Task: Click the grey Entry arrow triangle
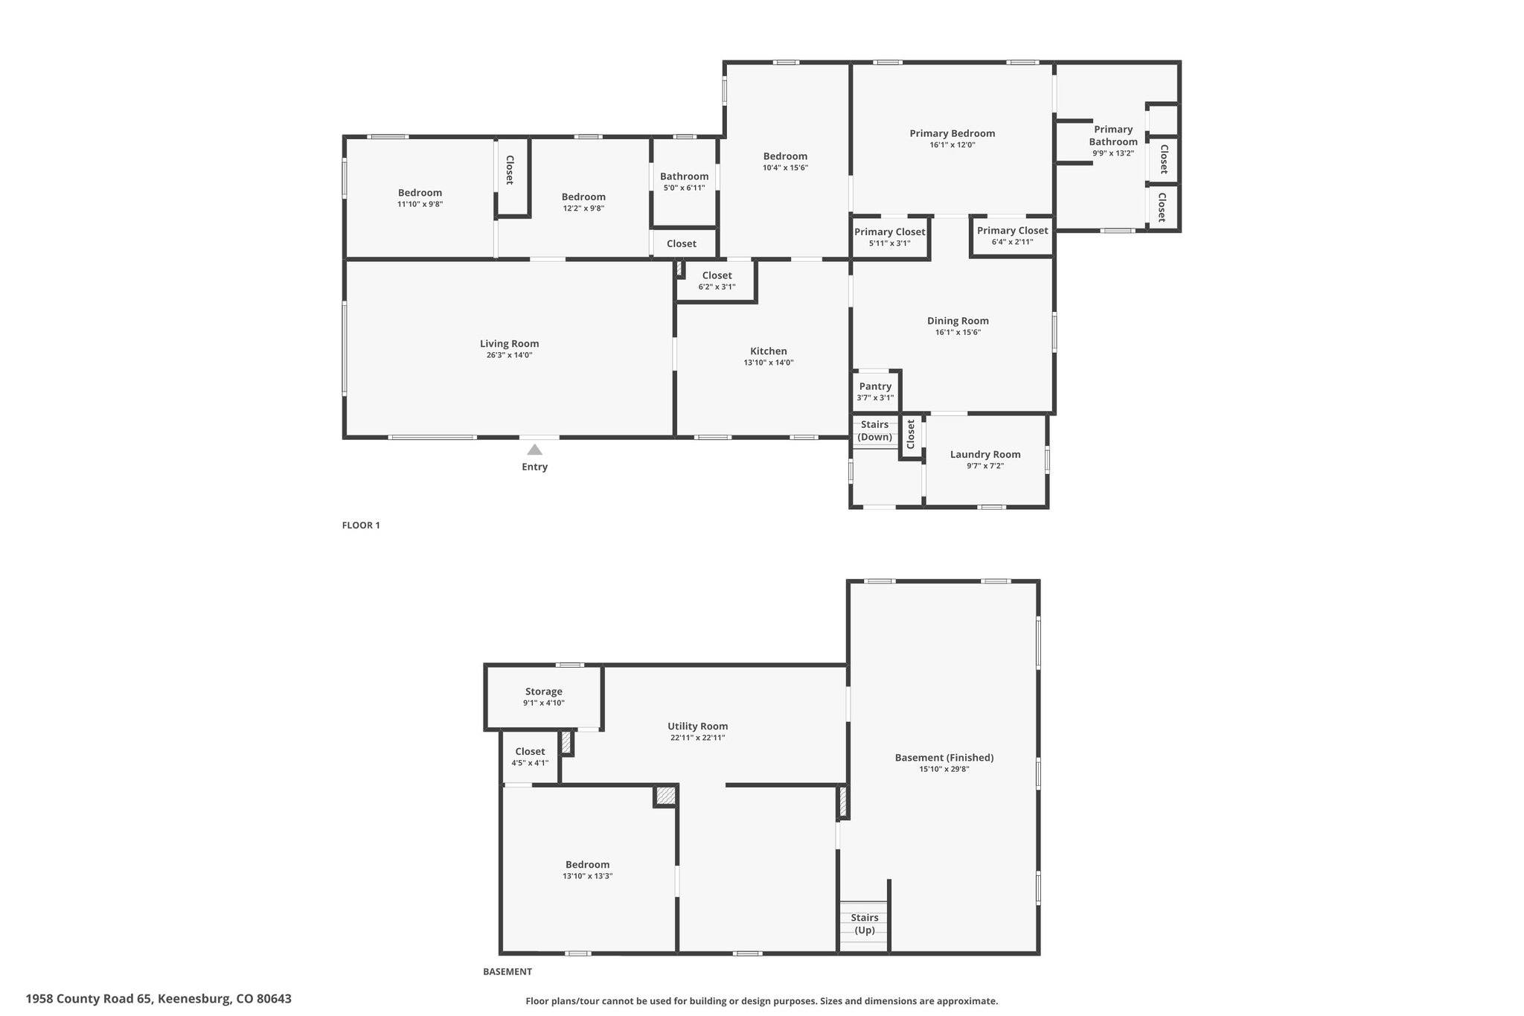point(534,449)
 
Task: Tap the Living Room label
point(509,344)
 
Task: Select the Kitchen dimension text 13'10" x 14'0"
point(769,362)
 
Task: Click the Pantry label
point(875,386)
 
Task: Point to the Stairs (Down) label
point(875,430)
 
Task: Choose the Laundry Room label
point(985,454)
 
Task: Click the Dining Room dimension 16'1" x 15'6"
point(958,332)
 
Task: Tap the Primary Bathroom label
point(1113,135)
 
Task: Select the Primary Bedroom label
point(952,133)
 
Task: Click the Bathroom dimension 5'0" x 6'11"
point(684,188)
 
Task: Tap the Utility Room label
point(697,726)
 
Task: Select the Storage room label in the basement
point(543,691)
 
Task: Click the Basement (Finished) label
point(944,758)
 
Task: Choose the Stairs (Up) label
point(865,924)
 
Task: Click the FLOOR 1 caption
point(361,525)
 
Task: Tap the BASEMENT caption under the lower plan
point(508,971)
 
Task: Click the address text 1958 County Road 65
point(89,999)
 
